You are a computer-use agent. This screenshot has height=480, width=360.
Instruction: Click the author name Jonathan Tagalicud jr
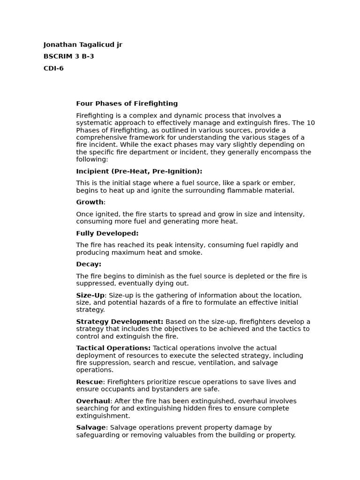coord(82,45)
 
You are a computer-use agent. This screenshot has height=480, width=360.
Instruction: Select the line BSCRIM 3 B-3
coord(68,57)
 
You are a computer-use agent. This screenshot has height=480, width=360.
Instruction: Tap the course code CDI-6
coord(53,68)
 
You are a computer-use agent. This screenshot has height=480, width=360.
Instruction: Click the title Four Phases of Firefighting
coord(127,104)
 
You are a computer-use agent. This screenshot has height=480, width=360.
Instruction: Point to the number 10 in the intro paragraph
coord(311,123)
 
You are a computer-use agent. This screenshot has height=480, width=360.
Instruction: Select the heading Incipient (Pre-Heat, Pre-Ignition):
coord(139,172)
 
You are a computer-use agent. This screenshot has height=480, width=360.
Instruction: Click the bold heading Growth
coord(90,202)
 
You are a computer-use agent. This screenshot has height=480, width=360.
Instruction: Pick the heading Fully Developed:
coord(107,233)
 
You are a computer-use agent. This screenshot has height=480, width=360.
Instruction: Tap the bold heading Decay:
coord(89,264)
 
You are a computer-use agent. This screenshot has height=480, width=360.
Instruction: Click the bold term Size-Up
coord(90,295)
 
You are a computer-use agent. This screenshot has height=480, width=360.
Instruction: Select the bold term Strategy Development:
coord(120,322)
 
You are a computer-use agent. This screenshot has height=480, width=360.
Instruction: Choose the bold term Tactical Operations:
coord(113,348)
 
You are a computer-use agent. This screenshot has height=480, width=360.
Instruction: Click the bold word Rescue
coord(89,382)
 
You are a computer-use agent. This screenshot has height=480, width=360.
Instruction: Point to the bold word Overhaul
coord(93,401)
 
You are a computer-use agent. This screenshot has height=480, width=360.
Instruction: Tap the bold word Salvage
coord(91,427)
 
